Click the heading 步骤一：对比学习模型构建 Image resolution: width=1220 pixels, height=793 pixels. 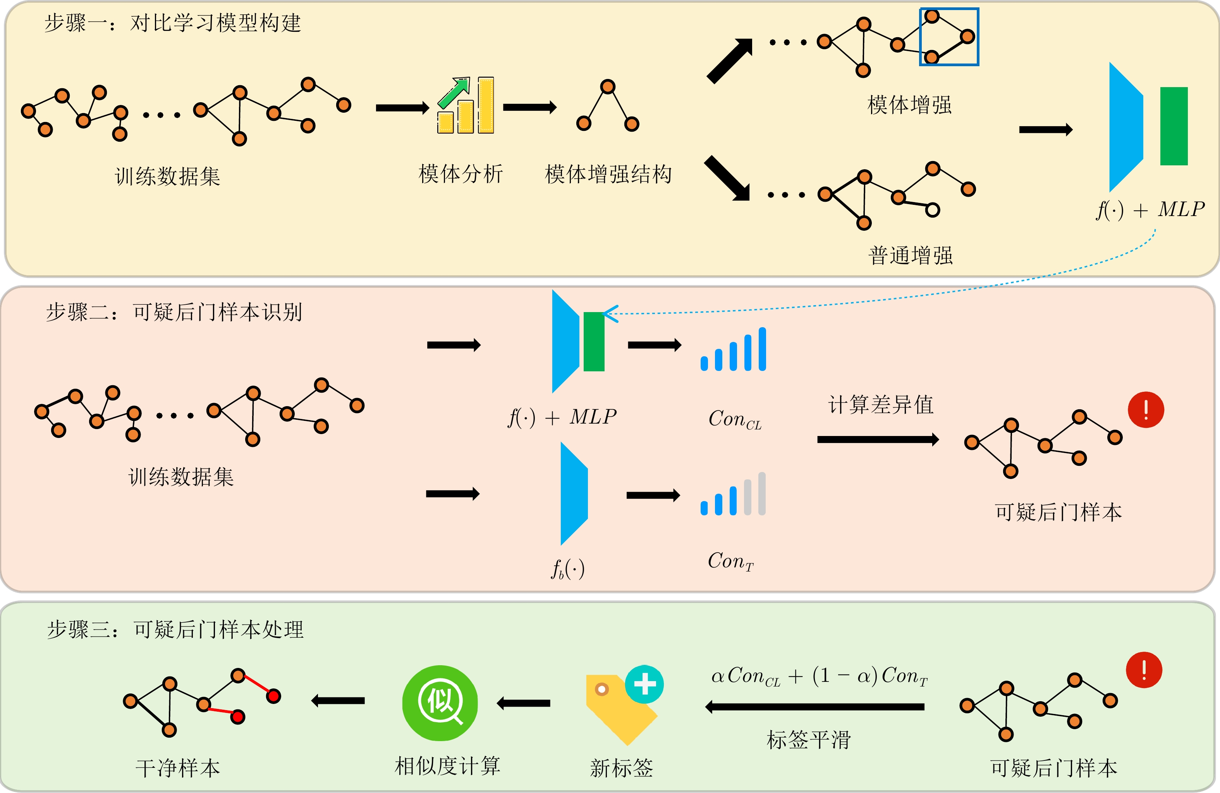(x=173, y=23)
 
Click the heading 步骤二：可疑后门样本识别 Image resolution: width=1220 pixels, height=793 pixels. (x=174, y=312)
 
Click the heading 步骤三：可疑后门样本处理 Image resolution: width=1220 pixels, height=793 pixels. (x=175, y=630)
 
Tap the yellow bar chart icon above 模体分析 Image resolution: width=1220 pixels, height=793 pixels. (x=466, y=106)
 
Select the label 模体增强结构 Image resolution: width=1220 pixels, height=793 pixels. (x=608, y=174)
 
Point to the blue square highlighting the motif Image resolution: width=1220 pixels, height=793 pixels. (x=949, y=37)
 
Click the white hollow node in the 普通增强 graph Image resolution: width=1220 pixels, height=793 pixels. (x=933, y=209)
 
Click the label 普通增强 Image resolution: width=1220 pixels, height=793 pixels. (x=911, y=255)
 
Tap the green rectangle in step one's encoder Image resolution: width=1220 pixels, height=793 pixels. (x=1174, y=126)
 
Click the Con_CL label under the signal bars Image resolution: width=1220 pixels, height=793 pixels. (x=735, y=420)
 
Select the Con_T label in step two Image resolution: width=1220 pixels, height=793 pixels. (x=730, y=561)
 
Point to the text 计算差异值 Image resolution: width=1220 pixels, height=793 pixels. (x=881, y=405)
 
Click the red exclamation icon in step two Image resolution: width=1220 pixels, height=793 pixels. (x=1146, y=410)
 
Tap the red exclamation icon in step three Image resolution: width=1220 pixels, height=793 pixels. (x=1144, y=670)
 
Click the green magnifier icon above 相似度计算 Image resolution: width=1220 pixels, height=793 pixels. (x=440, y=703)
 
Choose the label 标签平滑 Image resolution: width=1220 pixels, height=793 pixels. (x=808, y=740)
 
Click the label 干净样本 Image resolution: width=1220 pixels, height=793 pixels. (x=177, y=768)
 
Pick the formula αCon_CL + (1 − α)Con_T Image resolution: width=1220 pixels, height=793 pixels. (x=819, y=676)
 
